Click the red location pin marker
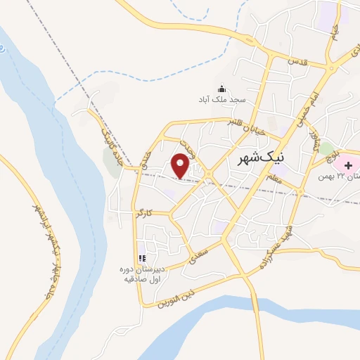[181, 166]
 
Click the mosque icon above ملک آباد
[222, 89]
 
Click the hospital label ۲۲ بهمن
[337, 175]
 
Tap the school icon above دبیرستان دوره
[141, 257]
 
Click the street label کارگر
[144, 212]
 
